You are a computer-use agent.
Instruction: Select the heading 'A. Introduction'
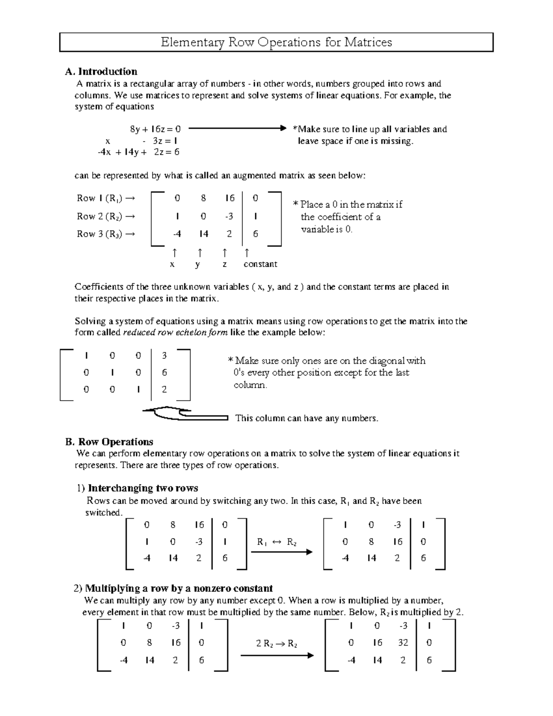point(101,71)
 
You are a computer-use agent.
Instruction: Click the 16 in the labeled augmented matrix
point(229,198)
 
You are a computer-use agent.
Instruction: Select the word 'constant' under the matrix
point(260,264)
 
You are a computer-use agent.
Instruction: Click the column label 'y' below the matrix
point(198,264)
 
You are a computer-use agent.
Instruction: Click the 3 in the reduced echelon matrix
point(165,355)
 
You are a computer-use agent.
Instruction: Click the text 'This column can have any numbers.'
point(306,418)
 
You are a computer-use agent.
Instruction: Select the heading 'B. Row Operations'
point(109,442)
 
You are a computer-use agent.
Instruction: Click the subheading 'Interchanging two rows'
point(143,488)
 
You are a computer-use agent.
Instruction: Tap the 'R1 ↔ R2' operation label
point(276,542)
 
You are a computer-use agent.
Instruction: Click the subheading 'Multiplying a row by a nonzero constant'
point(179,588)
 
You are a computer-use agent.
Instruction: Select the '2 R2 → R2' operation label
point(276,644)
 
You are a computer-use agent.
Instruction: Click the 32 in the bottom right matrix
point(403,643)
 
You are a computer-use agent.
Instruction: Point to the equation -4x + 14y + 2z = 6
point(138,152)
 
